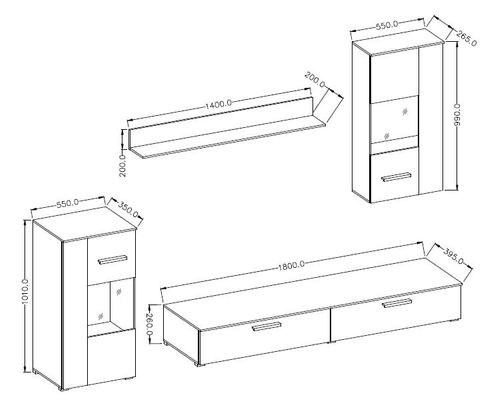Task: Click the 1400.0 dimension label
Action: [218, 104]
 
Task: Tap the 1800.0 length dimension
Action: [290, 265]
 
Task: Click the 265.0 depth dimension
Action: [466, 38]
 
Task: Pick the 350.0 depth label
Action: [128, 209]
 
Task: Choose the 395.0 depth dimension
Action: [453, 256]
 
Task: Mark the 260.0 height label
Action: [149, 324]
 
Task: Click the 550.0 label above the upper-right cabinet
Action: [387, 25]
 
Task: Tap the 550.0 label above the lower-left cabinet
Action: [67, 203]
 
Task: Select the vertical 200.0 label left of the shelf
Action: [123, 165]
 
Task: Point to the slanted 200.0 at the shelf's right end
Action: [314, 80]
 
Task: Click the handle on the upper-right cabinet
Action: [396, 177]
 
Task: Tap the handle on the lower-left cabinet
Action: [113, 260]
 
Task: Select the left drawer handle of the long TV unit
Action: [267, 327]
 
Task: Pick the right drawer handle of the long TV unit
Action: [397, 303]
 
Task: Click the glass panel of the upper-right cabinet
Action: [394, 120]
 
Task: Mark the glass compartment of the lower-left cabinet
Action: [111, 306]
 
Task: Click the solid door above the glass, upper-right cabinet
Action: [394, 76]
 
